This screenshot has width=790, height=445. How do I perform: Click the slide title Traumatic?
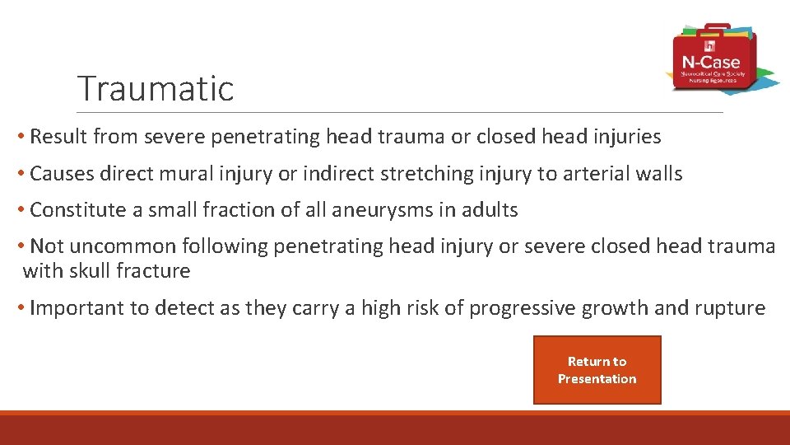pos(156,88)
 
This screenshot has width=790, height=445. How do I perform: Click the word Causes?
pos(62,174)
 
